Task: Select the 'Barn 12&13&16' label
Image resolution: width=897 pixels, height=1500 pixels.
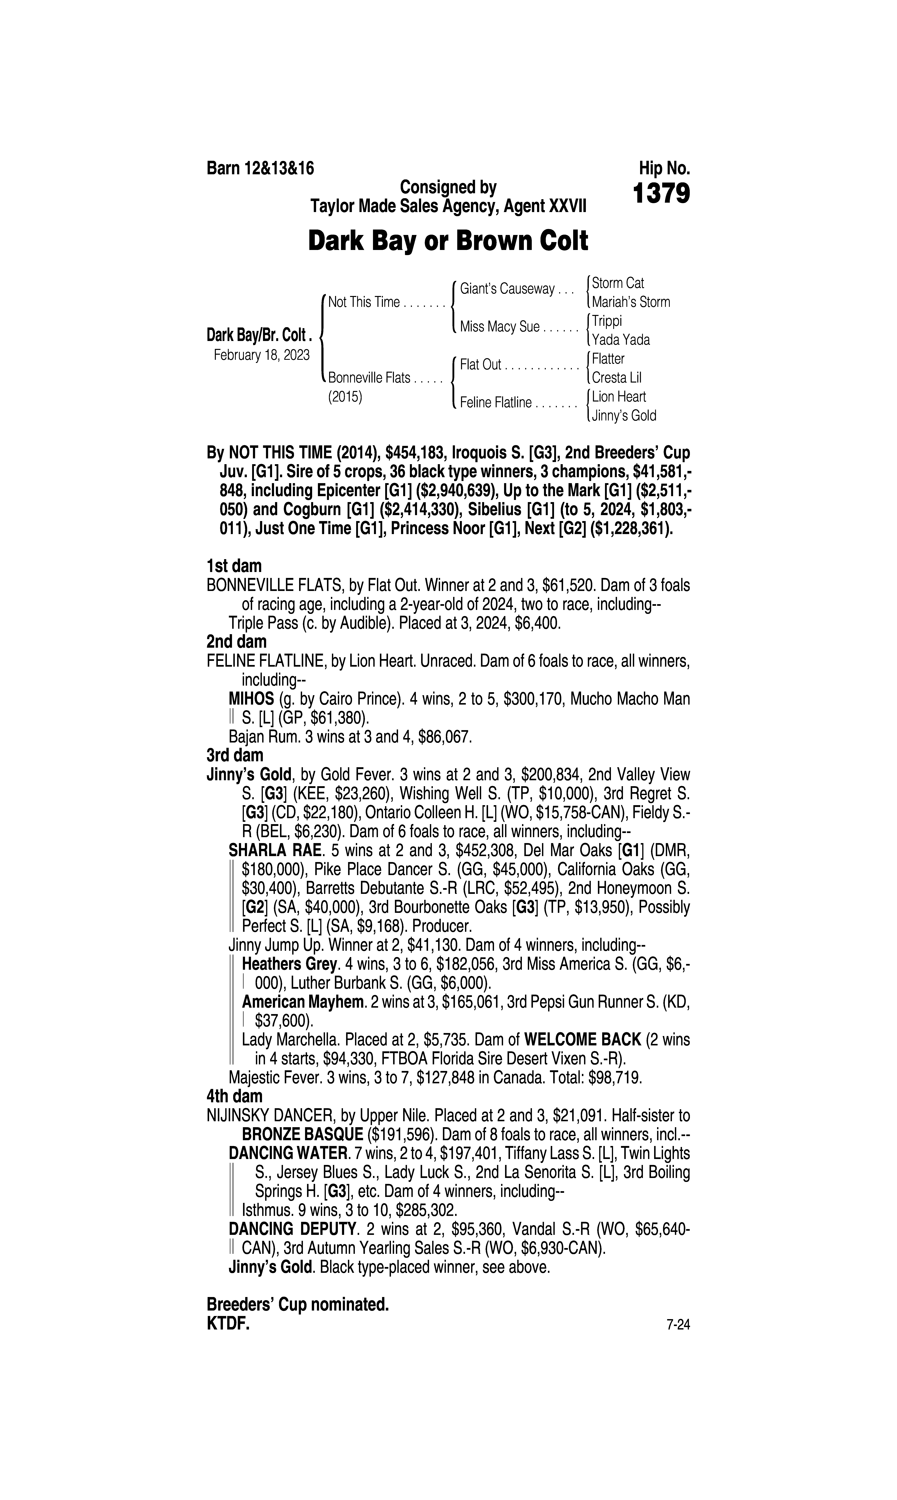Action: (x=261, y=168)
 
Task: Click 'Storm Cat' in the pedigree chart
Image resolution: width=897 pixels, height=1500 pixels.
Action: (x=618, y=283)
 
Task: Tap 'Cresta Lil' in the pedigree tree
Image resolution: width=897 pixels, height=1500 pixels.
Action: (x=617, y=378)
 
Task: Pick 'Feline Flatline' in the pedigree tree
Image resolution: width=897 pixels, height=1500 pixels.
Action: (x=496, y=402)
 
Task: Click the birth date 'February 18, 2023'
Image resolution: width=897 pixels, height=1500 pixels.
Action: (x=262, y=355)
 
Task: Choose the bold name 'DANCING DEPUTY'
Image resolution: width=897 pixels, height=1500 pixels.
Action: (x=291, y=1229)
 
